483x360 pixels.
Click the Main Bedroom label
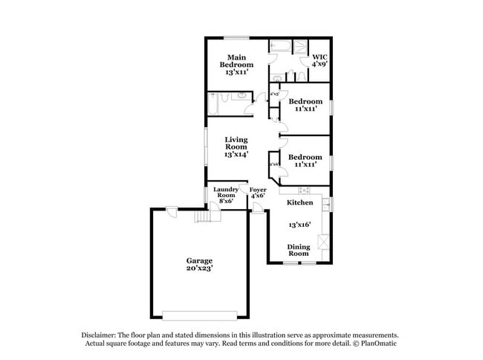[236, 65]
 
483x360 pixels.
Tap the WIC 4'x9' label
[320, 60]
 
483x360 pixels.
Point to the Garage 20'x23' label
[198, 265]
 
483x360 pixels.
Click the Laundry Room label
[225, 195]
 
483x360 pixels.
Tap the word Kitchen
[299, 202]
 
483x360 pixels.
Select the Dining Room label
[299, 250]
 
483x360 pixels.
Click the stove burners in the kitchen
[304, 190]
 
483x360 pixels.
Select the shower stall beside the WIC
[300, 46]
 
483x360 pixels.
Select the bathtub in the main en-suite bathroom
[282, 44]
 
